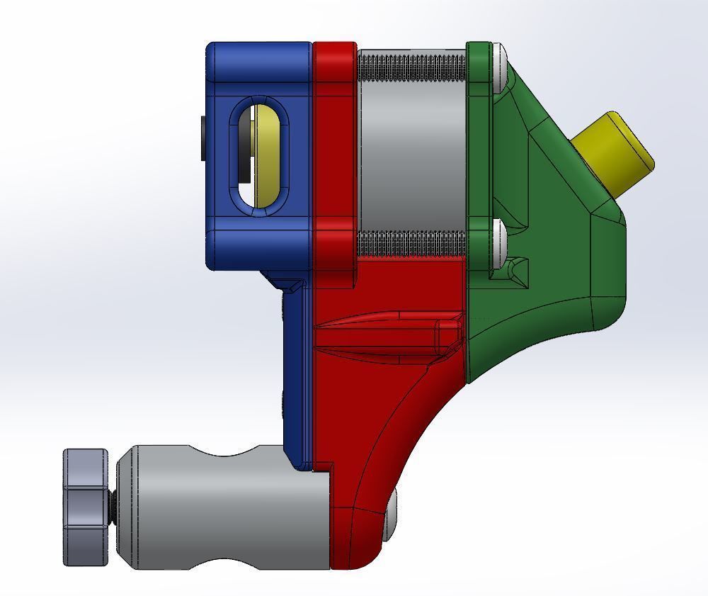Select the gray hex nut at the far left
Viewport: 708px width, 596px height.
pyautogui.click(x=86, y=507)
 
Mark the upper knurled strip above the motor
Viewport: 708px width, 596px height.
pyautogui.click(x=412, y=68)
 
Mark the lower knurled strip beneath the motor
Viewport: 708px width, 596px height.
pyautogui.click(x=412, y=244)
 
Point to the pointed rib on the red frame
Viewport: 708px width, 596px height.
pyautogui.click(x=382, y=333)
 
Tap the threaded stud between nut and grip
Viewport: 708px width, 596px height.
pyautogui.click(x=113, y=507)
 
